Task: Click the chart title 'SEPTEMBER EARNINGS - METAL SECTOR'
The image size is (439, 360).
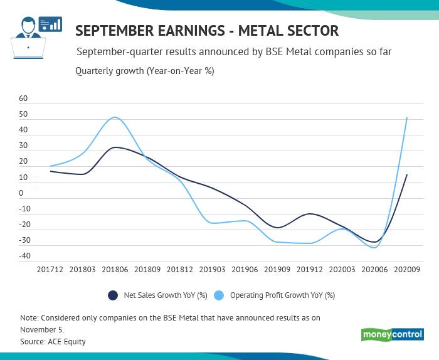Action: point(207,31)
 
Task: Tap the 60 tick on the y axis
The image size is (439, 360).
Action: point(24,99)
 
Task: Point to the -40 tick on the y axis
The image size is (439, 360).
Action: point(24,256)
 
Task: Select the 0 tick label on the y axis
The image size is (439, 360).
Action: point(21,193)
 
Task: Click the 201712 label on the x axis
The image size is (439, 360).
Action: point(50,269)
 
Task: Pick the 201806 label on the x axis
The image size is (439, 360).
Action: point(115,269)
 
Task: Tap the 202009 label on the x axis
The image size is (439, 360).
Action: point(406,269)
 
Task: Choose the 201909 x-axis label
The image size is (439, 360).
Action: point(277,269)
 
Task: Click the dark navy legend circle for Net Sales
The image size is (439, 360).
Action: point(114,295)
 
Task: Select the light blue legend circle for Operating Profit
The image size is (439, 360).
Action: point(219,295)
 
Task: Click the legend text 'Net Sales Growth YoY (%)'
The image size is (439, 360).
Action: point(166,295)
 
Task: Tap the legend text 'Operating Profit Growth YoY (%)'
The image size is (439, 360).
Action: point(282,295)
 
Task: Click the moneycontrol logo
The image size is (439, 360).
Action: point(393,335)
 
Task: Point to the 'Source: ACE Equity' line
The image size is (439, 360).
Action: point(53,342)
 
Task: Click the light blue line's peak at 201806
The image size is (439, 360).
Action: point(115,117)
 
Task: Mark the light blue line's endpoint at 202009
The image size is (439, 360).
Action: point(407,118)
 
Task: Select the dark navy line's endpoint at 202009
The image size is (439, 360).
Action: point(407,175)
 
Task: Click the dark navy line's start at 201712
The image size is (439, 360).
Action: point(50,171)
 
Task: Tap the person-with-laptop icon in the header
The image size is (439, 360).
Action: point(28,38)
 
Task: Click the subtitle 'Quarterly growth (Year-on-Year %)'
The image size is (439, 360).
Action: point(144,71)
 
